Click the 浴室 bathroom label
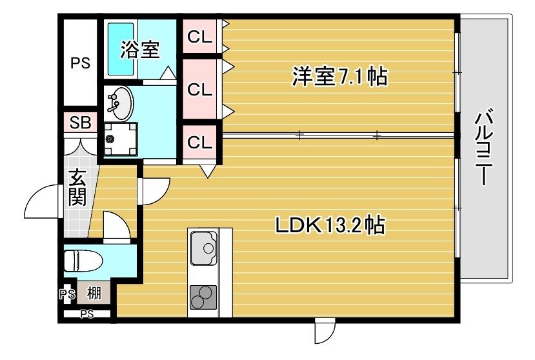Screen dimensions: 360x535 (x=141, y=50)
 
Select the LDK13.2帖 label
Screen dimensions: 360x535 (x=330, y=226)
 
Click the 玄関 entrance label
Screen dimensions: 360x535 (x=77, y=187)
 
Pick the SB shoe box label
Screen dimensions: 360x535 (x=80, y=123)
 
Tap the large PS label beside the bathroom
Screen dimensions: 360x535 (x=80, y=63)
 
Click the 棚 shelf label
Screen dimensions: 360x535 (x=94, y=294)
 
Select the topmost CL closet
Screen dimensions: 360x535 (x=200, y=37)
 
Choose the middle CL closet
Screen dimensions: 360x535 (x=200, y=89)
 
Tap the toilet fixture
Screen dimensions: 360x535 (x=82, y=261)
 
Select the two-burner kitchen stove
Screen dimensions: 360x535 (x=203, y=297)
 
